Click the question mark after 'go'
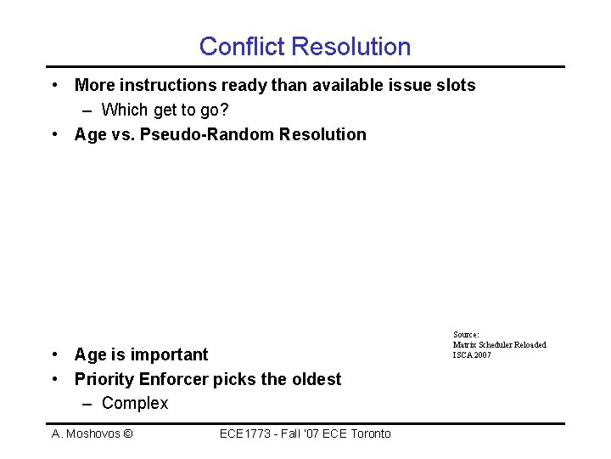click(225, 110)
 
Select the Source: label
click(466, 335)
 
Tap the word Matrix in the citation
click(464, 345)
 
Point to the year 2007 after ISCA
click(482, 354)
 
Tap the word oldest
click(313, 379)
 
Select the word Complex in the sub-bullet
click(135, 404)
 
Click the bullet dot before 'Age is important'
click(54, 354)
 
